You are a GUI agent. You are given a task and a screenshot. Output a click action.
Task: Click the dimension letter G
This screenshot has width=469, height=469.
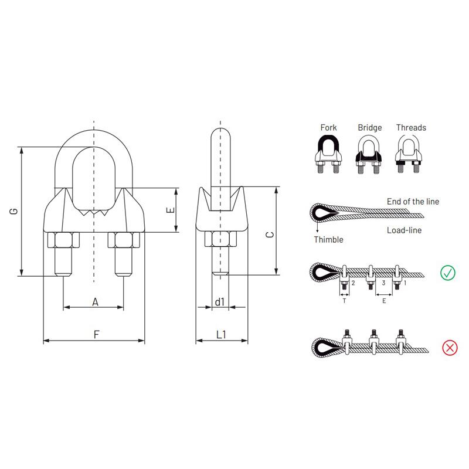[x=13, y=211]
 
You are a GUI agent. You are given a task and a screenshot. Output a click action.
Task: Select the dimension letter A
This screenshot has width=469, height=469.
[x=95, y=302]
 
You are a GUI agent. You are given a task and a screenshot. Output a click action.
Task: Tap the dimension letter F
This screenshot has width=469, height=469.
[x=96, y=334]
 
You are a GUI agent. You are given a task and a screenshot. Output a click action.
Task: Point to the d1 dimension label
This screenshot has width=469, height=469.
[x=219, y=302]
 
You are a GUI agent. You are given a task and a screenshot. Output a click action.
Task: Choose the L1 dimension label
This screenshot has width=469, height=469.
[x=221, y=334]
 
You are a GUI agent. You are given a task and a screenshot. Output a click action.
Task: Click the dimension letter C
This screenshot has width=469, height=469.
[x=270, y=235]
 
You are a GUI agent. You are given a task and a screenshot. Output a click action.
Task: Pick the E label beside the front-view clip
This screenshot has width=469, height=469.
[x=170, y=210]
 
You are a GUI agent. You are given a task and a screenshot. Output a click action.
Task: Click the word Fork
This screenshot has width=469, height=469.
[x=328, y=128]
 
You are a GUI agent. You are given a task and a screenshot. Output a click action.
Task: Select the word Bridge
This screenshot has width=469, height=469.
[x=370, y=128]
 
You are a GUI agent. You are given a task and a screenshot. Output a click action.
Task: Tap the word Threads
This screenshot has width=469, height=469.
[x=411, y=128]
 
